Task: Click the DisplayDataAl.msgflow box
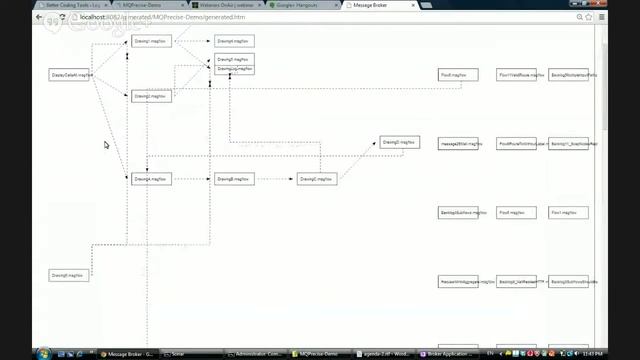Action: coord(72,74)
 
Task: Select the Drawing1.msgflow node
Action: coord(151,41)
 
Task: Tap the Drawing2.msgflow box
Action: coord(151,96)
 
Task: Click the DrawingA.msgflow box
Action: coord(151,179)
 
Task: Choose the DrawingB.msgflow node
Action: coord(234,179)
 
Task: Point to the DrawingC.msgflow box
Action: coord(317,179)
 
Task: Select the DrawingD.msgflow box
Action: coord(400,143)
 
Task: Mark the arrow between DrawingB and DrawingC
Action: coord(275,179)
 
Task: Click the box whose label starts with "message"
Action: coord(460,143)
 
